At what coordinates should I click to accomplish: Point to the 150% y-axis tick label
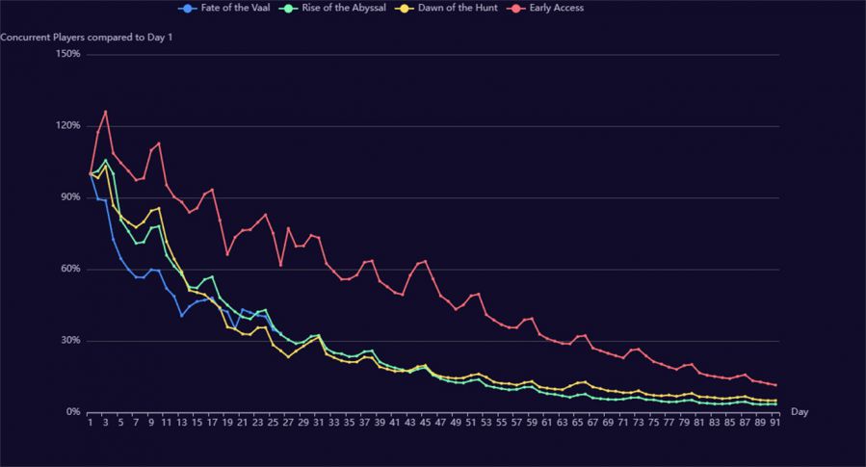68,54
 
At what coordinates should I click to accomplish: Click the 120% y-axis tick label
68,126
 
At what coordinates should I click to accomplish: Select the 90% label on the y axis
70,197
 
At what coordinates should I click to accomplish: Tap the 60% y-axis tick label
70,269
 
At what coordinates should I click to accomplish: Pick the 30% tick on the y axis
70,341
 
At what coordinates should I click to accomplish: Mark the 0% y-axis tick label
73,412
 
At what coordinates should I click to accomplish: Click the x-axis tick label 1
91,422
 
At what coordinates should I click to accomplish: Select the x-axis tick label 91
774,422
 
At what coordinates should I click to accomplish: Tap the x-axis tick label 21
243,422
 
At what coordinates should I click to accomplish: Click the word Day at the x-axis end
800,412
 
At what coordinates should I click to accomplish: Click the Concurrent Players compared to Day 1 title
86,38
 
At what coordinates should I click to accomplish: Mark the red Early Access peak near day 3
105,112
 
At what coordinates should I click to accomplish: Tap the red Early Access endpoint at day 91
774,385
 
